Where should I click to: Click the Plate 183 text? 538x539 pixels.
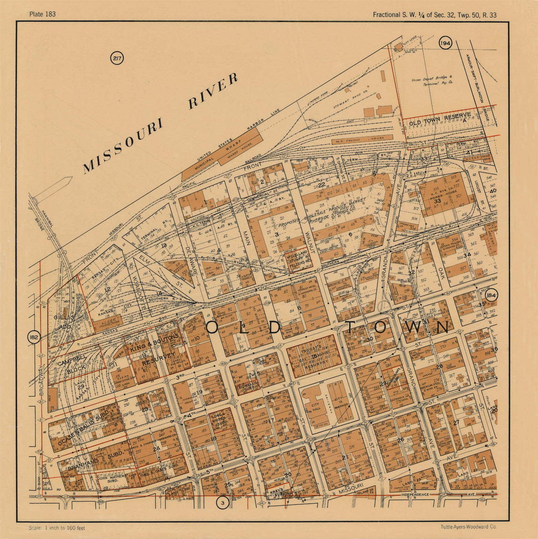pyautogui.click(x=42, y=14)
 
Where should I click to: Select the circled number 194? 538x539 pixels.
pyautogui.click(x=445, y=43)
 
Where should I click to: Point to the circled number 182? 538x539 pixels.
pyautogui.click(x=34, y=337)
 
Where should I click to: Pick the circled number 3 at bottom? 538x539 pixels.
pyautogui.click(x=222, y=503)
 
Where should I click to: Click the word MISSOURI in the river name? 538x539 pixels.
pyautogui.click(x=122, y=146)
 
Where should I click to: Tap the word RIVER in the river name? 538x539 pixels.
pyautogui.click(x=212, y=91)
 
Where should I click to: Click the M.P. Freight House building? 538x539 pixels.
pyautogui.click(x=362, y=140)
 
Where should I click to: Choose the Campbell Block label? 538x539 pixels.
pyautogui.click(x=71, y=365)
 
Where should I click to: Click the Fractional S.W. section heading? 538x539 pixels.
pyautogui.click(x=434, y=15)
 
